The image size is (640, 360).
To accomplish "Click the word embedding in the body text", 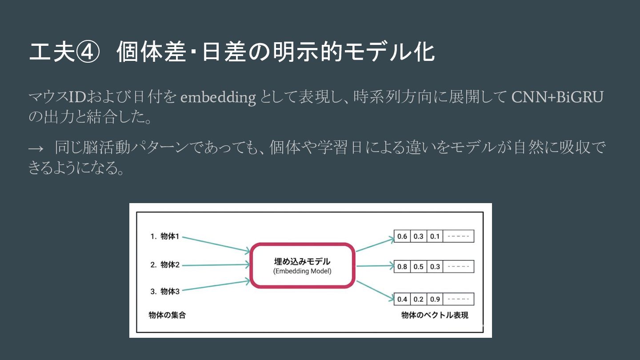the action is pyautogui.click(x=218, y=97).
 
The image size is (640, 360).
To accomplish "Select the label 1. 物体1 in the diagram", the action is pyautogui.click(x=164, y=236).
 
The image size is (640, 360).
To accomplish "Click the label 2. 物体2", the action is pyautogui.click(x=164, y=265).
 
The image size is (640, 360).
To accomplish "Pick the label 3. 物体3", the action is pyautogui.click(x=164, y=292).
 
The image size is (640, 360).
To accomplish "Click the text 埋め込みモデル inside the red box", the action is pyautogui.click(x=302, y=261).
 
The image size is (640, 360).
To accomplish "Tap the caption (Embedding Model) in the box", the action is pyautogui.click(x=302, y=271).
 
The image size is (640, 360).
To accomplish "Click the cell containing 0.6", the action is pyautogui.click(x=402, y=236).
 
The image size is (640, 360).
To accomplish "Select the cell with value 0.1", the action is pyautogui.click(x=435, y=236).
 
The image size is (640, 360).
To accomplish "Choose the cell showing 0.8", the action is pyautogui.click(x=402, y=267).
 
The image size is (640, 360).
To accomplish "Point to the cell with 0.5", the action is pyautogui.click(x=418, y=267).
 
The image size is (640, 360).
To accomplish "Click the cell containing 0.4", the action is pyautogui.click(x=402, y=299).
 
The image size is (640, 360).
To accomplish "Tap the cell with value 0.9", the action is pyautogui.click(x=435, y=299).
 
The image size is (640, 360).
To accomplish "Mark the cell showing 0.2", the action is pyautogui.click(x=418, y=299).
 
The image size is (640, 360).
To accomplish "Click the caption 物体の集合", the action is pyautogui.click(x=167, y=315).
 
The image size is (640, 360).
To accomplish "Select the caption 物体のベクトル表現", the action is pyautogui.click(x=435, y=315).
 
